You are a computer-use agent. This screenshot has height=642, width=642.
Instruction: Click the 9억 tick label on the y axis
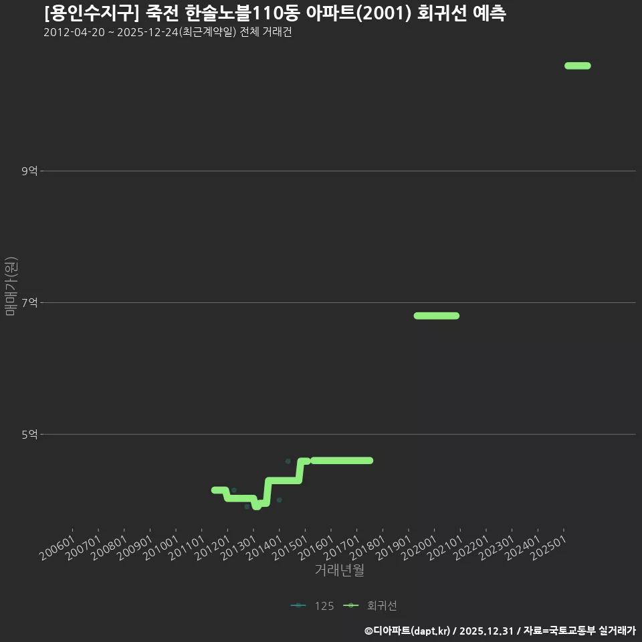(x=29, y=171)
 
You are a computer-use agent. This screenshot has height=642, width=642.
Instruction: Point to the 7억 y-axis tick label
(x=29, y=302)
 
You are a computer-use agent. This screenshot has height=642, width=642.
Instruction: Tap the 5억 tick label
(x=29, y=435)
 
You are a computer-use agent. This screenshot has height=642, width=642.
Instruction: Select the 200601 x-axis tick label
(x=58, y=548)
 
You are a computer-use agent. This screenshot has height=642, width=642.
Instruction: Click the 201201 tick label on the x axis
(x=213, y=548)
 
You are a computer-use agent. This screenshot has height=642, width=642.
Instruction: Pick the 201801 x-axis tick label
(x=368, y=548)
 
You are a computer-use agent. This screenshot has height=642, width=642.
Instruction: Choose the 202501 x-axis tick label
(x=548, y=548)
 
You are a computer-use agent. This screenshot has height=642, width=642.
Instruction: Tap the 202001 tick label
(x=419, y=548)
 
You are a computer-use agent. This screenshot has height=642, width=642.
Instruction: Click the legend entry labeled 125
(x=312, y=606)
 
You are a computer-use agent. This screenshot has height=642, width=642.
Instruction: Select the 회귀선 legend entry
(x=370, y=606)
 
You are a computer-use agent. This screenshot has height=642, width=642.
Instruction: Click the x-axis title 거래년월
(x=340, y=570)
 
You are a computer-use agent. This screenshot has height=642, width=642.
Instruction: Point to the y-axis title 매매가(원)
(x=11, y=286)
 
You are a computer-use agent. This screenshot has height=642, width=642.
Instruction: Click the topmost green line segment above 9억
(x=578, y=66)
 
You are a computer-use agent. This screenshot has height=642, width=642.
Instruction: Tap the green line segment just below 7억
(x=437, y=316)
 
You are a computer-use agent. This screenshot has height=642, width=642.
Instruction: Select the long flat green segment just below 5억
(x=342, y=461)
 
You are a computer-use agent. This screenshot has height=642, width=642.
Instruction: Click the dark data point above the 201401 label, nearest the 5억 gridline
(x=288, y=461)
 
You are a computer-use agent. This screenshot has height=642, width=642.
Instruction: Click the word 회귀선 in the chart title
(x=442, y=13)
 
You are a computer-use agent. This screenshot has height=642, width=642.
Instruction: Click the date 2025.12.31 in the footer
(x=486, y=631)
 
